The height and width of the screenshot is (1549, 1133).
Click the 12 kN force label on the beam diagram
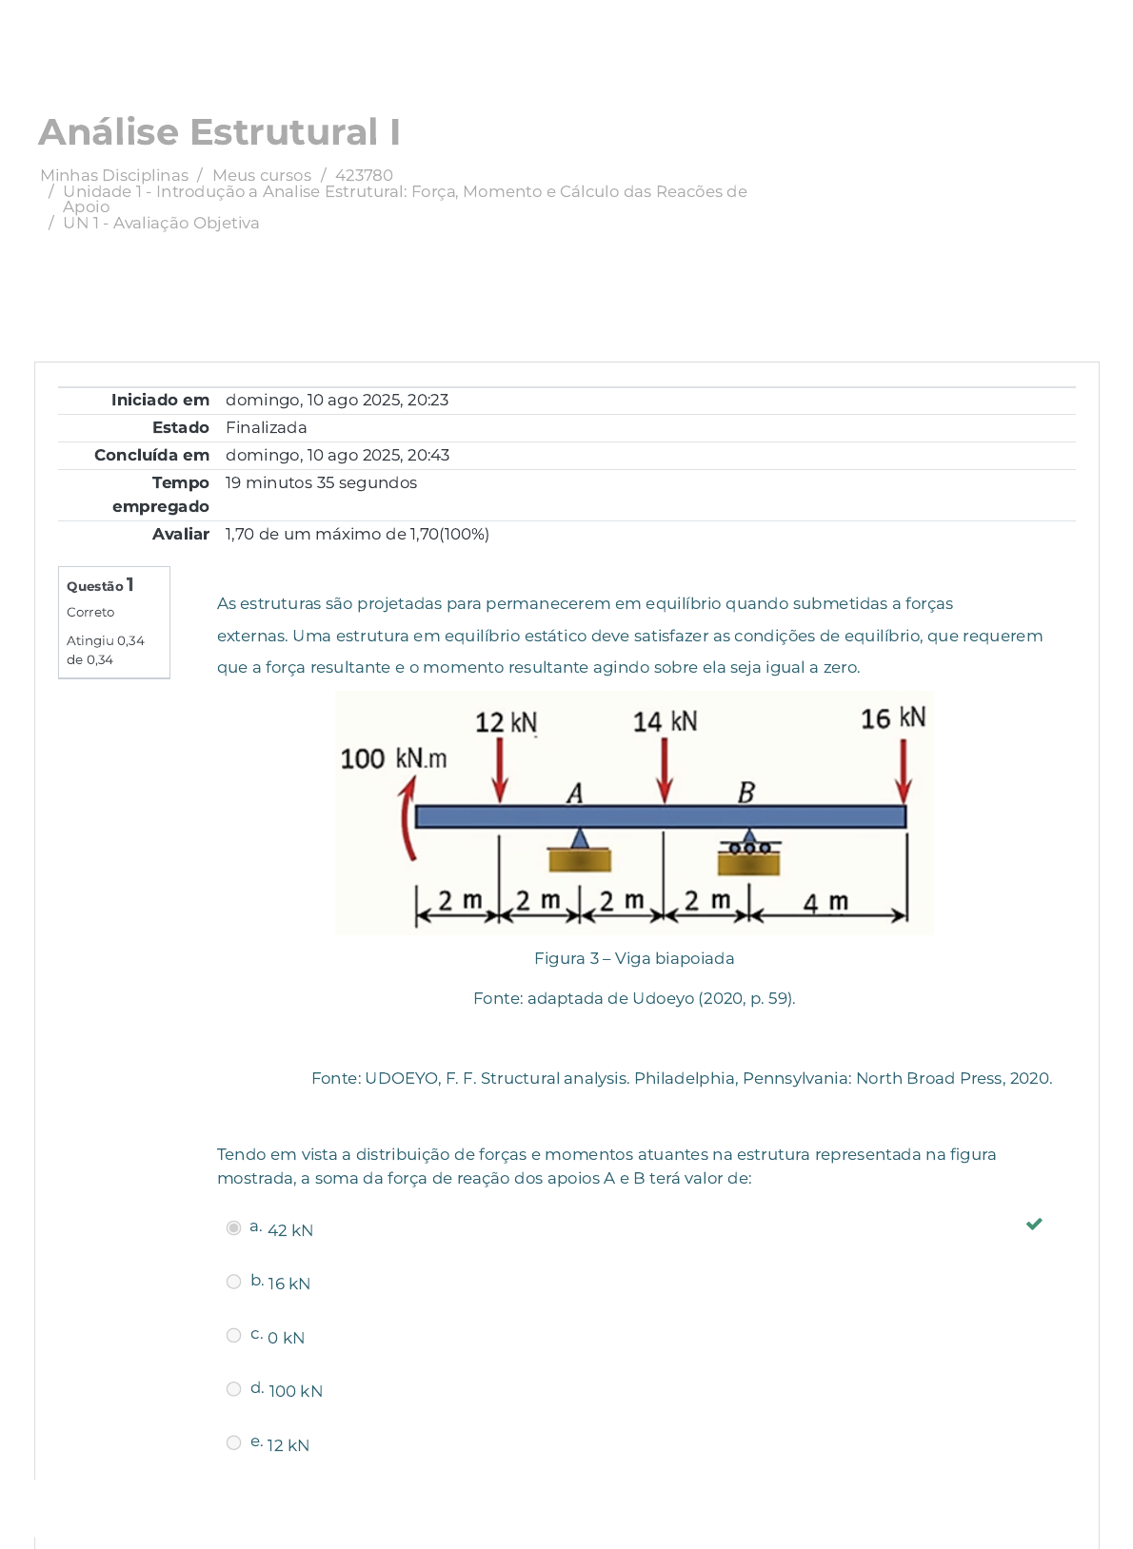tap(506, 722)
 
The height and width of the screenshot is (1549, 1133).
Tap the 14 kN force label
tap(665, 721)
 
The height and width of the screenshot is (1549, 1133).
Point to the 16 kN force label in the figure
tap(892, 717)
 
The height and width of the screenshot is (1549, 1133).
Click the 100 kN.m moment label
tap(393, 758)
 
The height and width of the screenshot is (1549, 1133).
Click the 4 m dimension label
tap(825, 901)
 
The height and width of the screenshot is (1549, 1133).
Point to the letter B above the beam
tap(746, 792)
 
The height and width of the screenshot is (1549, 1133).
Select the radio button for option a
tap(233, 1228)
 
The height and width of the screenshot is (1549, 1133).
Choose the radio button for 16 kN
tap(233, 1282)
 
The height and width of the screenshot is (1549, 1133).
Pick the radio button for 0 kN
tap(233, 1336)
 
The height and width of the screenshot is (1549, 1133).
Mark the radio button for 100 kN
tap(233, 1389)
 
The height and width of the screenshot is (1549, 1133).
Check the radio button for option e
tap(233, 1443)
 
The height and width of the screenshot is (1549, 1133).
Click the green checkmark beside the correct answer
tap(1034, 1224)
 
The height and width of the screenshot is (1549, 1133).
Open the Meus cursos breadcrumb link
tap(262, 175)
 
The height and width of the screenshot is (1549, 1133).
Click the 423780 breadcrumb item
tap(364, 175)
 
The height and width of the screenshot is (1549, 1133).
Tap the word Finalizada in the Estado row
tap(266, 428)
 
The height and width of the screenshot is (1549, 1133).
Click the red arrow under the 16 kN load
tap(903, 771)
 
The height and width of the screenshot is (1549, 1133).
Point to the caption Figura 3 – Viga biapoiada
tap(634, 958)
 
